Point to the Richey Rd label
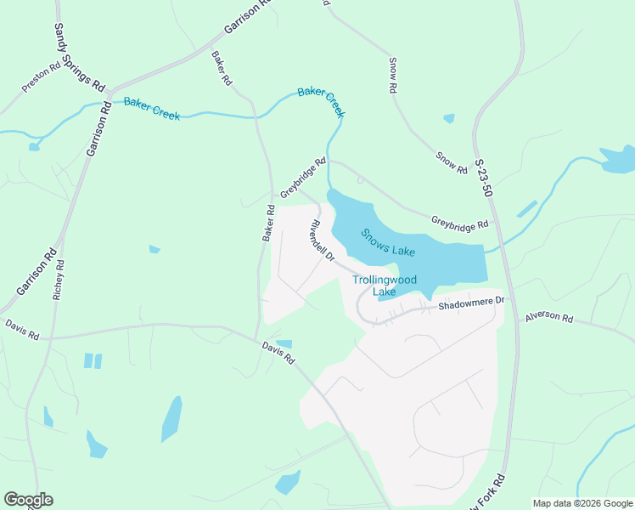point(59,281)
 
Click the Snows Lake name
point(387,242)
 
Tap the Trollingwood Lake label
point(385,286)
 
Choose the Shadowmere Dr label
point(471,303)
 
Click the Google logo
point(28,500)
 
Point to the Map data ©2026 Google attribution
point(582,503)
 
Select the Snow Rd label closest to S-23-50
point(452,163)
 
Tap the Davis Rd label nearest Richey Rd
point(22,329)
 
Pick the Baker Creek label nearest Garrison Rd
point(152,109)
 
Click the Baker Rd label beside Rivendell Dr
point(268,223)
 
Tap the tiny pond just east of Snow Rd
point(449,118)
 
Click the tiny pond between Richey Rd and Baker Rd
point(155,249)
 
